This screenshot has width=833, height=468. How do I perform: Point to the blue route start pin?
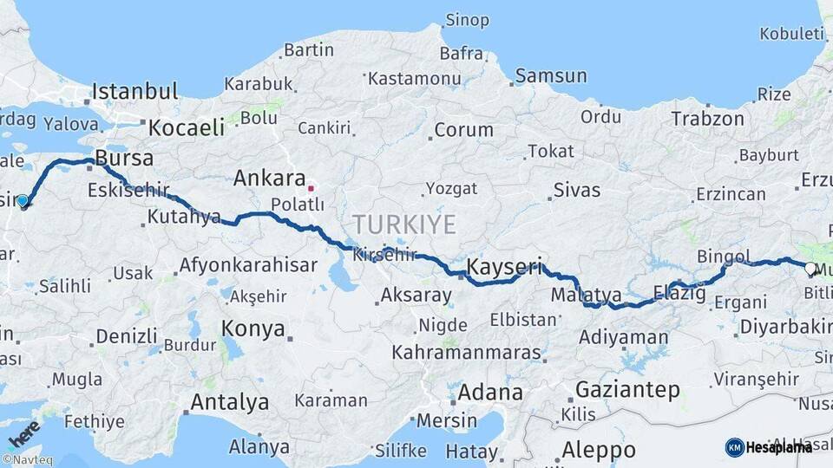click(23, 201)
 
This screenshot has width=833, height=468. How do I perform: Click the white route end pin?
click(810, 269)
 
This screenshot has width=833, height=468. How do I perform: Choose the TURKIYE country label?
click(404, 225)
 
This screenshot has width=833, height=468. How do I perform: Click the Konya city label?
click(253, 328)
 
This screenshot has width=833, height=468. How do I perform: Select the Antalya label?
click(229, 402)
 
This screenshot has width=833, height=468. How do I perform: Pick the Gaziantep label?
click(627, 390)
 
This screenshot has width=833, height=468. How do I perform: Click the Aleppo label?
click(599, 451)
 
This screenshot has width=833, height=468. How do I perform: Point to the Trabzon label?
click(707, 119)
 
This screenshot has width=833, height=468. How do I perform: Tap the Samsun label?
click(551, 76)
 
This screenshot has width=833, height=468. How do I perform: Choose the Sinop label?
click(467, 19)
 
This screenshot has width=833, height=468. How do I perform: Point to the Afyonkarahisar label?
click(248, 265)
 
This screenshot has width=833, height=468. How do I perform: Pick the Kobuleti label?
click(791, 34)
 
